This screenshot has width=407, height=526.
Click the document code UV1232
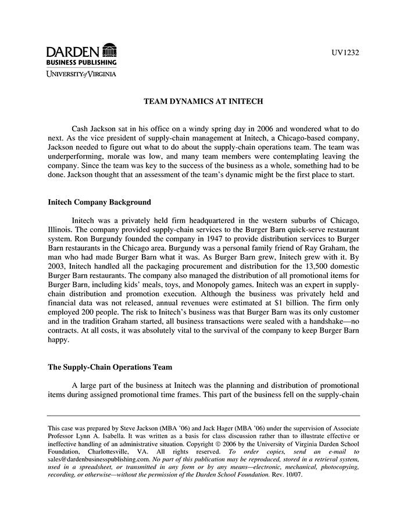[346, 53]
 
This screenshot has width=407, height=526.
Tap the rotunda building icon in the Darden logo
[109, 51]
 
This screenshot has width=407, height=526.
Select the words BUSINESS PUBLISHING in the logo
[81, 62]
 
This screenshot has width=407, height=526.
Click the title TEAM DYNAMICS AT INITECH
[203, 101]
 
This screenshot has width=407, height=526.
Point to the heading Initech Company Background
[99, 203]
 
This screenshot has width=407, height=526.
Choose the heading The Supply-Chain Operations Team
[109, 368]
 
